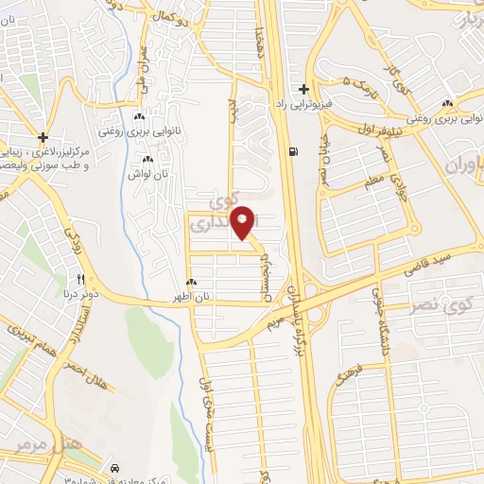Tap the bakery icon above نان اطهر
[192, 282]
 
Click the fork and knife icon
[82, 280]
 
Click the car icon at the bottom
[115, 468]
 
